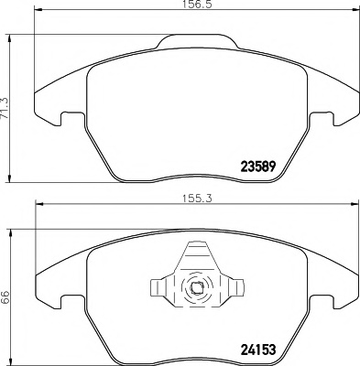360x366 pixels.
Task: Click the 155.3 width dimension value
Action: pos(197,199)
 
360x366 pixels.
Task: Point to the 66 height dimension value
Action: pos(5,297)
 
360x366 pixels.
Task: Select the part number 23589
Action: pos(259,167)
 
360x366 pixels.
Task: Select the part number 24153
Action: pos(258,350)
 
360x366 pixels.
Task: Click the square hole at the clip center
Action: pos(195,288)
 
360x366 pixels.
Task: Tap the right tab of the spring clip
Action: pos(236,287)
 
